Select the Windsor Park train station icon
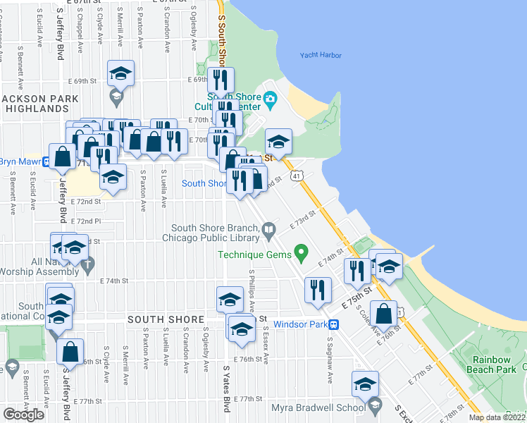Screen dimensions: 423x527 pos(335,325)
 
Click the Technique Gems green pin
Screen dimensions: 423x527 pos(302,250)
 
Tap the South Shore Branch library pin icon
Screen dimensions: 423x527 pos(268,228)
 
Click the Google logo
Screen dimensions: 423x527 pos(24,414)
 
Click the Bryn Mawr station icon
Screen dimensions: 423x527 pos(46,161)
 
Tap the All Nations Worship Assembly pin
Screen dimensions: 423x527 pos(87,266)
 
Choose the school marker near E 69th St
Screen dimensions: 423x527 pos(121,73)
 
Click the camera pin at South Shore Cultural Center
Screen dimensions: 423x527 pos(271,99)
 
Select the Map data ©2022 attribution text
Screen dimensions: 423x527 pos(497,417)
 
